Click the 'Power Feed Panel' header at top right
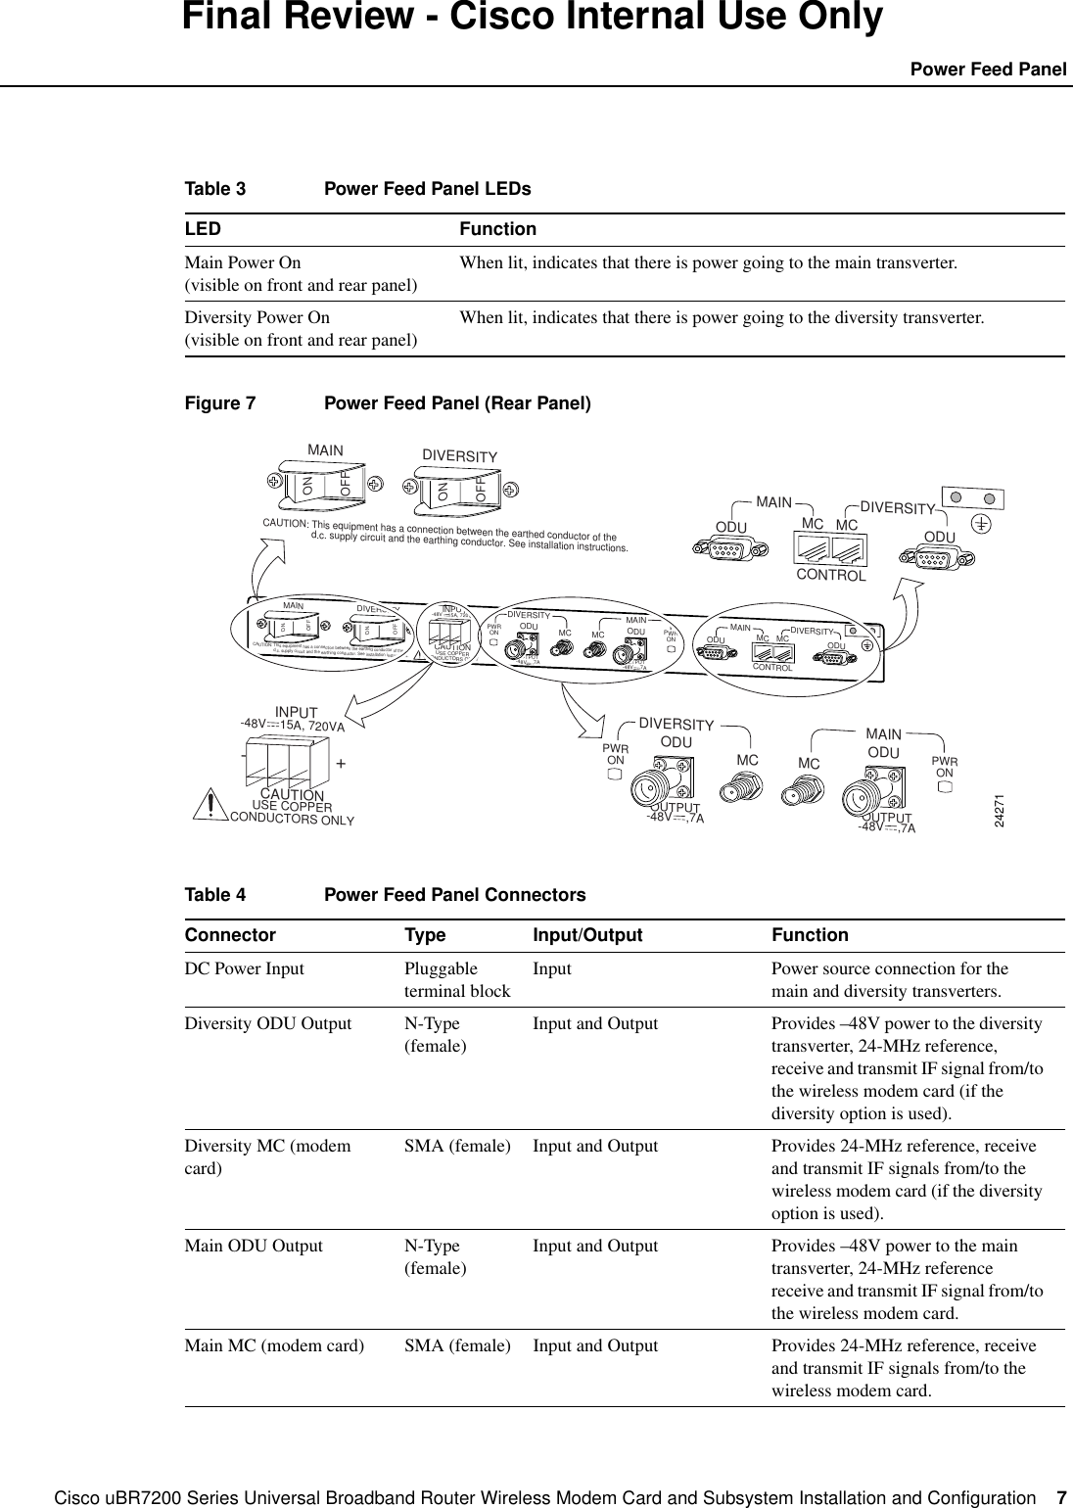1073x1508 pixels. coord(988,70)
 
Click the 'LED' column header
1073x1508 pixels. coord(203,229)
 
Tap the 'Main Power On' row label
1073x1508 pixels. coord(244,262)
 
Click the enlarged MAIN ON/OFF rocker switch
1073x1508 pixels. coord(327,481)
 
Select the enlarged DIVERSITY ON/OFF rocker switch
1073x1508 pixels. coord(458,487)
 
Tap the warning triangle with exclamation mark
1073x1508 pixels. coord(210,802)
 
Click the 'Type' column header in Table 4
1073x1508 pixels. coord(425,935)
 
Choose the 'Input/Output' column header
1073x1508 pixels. coord(587,935)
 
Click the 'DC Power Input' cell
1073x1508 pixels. coord(244,969)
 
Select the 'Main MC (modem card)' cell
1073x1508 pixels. coord(274,1345)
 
